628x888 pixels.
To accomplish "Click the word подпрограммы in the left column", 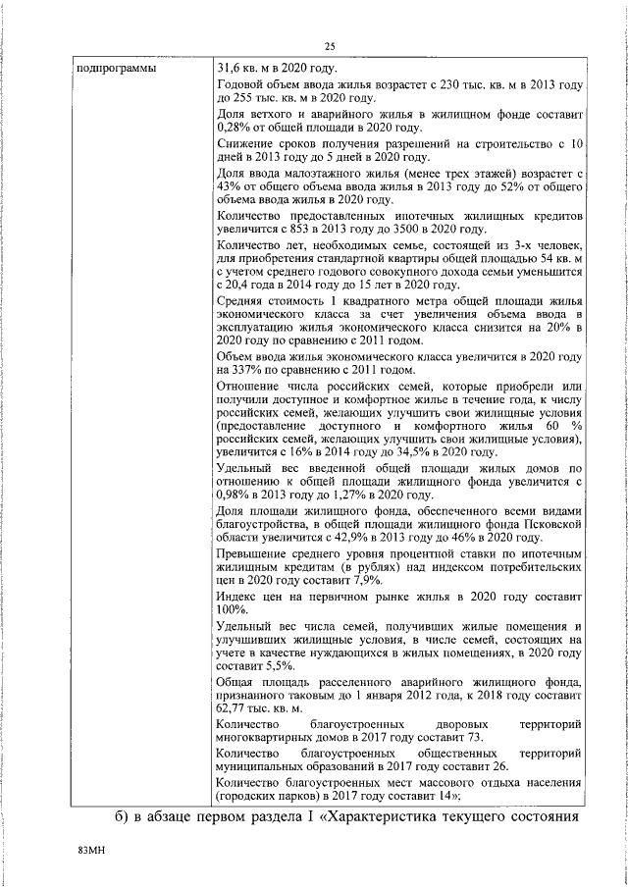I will [x=112, y=69].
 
